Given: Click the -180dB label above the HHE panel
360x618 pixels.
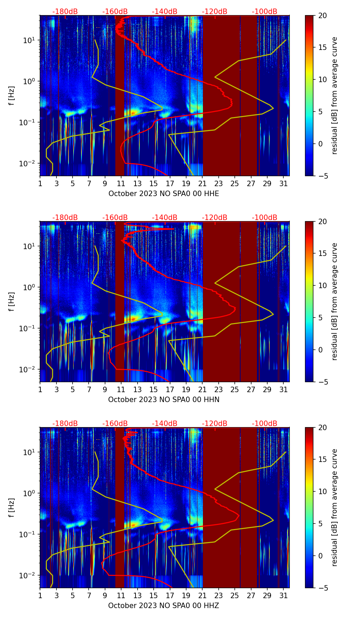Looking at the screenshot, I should [65, 12].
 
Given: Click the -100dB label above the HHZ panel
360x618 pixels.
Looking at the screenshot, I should [265, 424].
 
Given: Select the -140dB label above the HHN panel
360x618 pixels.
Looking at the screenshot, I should [165, 218].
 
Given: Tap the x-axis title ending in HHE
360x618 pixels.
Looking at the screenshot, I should [164, 194].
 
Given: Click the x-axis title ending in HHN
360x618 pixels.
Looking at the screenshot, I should [164, 400].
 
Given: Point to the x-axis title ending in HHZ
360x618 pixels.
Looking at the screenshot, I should [164, 606].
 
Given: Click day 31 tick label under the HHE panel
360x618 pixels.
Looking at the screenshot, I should [283, 184].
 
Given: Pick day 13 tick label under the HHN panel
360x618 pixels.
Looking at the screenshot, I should [138, 390].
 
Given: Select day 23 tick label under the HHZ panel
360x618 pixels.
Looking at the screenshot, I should [218, 596].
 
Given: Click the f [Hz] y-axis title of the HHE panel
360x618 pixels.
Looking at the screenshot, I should [12, 96].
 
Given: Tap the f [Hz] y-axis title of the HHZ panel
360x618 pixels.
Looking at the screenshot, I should [12, 508].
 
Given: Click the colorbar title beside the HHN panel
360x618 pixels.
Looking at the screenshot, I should [334, 301].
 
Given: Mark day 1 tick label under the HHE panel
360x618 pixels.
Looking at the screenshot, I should [40, 184].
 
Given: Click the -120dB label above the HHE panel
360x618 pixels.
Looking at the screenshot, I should [215, 12].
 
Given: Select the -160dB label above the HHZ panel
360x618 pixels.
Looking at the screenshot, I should [115, 424].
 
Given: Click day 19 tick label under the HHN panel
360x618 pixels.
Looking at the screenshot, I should [186, 390].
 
